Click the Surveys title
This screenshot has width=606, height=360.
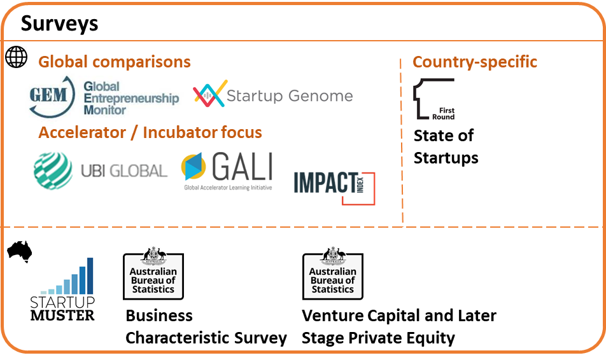pos(60,24)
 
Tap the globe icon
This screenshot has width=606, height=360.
pos(17,57)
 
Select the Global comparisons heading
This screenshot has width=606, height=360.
pos(115,62)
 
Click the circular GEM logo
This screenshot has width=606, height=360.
pos(52,97)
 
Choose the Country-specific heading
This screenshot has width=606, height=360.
pos(475,62)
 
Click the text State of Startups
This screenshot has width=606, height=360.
pos(446,147)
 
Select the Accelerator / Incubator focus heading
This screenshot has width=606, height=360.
pos(150,132)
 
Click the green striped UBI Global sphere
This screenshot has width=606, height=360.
pos(53,170)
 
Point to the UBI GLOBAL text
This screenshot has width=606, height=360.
pos(124,170)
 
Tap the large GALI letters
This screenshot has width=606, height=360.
pos(243,167)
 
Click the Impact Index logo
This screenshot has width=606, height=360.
pos(334,188)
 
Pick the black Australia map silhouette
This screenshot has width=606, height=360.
pos(20,251)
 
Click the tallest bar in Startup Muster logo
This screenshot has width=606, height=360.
pos(90,276)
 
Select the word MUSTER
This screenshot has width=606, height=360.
pos(62,315)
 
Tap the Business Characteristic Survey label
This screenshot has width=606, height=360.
pos(206,327)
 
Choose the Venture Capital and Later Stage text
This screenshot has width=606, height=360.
pos(399,327)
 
